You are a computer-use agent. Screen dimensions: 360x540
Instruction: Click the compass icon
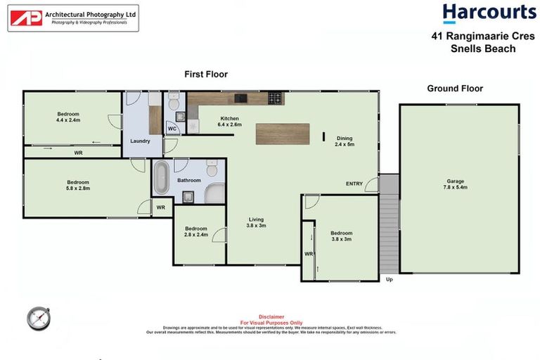click(x=38, y=318)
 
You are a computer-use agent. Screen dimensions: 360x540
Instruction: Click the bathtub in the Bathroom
click(x=162, y=178)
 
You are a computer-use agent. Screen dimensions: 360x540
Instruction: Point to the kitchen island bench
click(x=282, y=134)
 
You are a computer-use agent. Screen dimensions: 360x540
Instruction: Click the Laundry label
click(x=140, y=141)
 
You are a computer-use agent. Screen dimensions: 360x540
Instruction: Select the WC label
click(x=172, y=129)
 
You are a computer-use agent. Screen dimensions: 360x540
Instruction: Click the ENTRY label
click(x=354, y=184)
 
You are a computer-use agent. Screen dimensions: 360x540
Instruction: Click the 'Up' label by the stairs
click(x=389, y=280)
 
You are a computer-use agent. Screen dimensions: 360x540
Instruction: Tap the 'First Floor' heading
click(x=206, y=74)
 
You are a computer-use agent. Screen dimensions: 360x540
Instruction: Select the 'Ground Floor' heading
click(x=455, y=89)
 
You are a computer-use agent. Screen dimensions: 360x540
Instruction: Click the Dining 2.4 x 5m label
click(x=345, y=141)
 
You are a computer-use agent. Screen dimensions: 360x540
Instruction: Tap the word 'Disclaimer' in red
click(x=270, y=316)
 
